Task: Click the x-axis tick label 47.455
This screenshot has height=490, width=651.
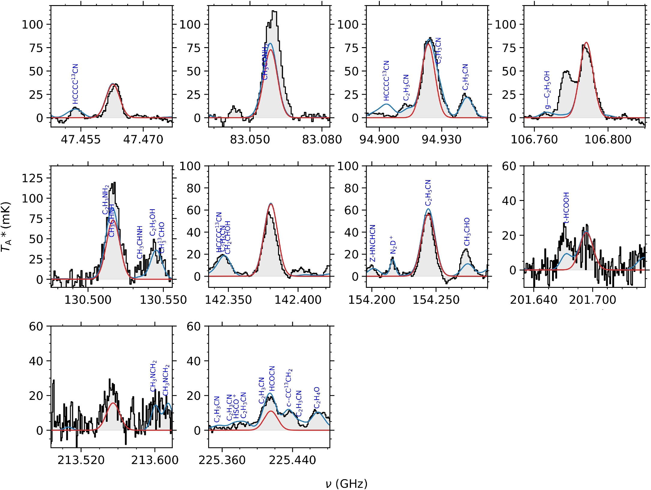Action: pyautogui.click(x=80, y=140)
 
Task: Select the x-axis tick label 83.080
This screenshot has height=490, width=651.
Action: pyautogui.click(x=322, y=140)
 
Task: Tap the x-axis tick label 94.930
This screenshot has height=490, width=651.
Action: pyautogui.click(x=441, y=140)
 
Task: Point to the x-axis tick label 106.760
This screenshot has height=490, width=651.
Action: pyautogui.click(x=534, y=140)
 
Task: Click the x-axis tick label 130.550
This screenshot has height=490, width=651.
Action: pyautogui.click(x=163, y=300)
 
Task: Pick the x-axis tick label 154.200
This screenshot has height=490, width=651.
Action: pyautogui.click(x=372, y=300)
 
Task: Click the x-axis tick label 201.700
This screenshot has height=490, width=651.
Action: pyautogui.click(x=592, y=300)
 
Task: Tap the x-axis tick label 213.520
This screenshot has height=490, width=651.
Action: pyautogui.click(x=81, y=460)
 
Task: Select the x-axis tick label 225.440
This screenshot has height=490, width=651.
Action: pyautogui.click(x=292, y=460)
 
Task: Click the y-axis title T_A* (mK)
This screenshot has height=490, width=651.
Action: pyautogui.click(x=6, y=227)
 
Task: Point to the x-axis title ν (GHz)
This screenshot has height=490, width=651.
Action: pyautogui.click(x=346, y=484)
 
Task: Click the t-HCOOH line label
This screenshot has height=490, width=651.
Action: pyautogui.click(x=566, y=208)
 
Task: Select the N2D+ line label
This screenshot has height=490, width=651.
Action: pyautogui.click(x=393, y=245)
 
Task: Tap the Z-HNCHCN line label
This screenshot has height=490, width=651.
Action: pyautogui.click(x=372, y=243)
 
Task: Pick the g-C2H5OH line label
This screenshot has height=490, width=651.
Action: pyautogui.click(x=547, y=90)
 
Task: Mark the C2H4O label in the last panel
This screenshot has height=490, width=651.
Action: pyautogui.click(x=317, y=398)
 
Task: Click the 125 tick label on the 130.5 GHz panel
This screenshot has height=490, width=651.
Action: pyautogui.click(x=32, y=178)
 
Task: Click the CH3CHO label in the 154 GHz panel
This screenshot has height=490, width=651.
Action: pyautogui.click(x=467, y=232)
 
